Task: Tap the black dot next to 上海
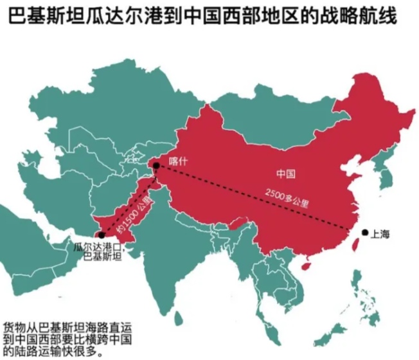pyautogui.click(x=364, y=233)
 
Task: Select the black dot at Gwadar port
pyautogui.click(x=101, y=235)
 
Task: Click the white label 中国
pyautogui.click(x=285, y=174)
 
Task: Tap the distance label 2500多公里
pyautogui.click(x=287, y=197)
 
